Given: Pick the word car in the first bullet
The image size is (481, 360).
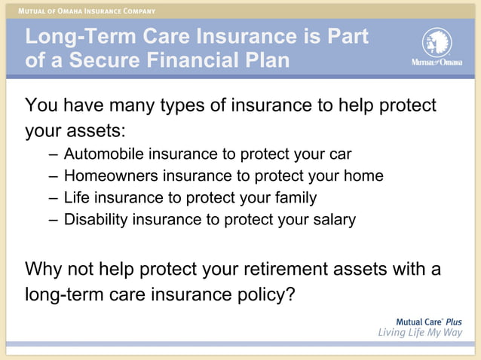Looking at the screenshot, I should click(339, 154).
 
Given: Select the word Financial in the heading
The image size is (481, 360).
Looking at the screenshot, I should click(199, 60).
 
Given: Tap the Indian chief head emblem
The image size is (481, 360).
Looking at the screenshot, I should click(437, 41).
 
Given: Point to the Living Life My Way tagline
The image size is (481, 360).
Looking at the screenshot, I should click(419, 334).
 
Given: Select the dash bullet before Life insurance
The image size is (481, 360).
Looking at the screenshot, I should click(51, 198).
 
